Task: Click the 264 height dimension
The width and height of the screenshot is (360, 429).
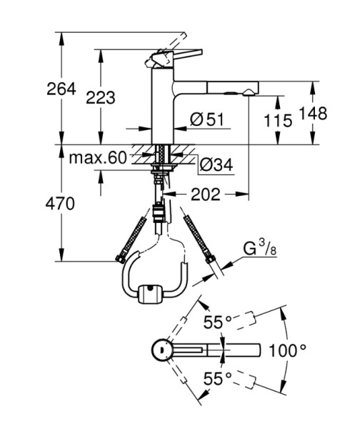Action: pyautogui.click(x=61, y=89)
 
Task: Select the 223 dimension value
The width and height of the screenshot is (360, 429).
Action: pyautogui.click(x=101, y=97)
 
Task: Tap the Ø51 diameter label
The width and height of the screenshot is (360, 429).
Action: pyautogui.click(x=207, y=119)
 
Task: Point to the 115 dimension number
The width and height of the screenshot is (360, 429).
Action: pyautogui.click(x=278, y=121)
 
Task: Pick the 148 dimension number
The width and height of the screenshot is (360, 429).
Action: pyautogui.click(x=314, y=113)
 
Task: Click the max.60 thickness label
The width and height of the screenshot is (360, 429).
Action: pyautogui.click(x=98, y=158)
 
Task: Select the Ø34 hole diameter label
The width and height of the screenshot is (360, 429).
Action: pyautogui.click(x=216, y=165)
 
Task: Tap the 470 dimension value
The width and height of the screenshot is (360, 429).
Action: pyautogui.click(x=60, y=204)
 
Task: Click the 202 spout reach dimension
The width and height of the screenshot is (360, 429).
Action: pyautogui.click(x=205, y=194)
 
